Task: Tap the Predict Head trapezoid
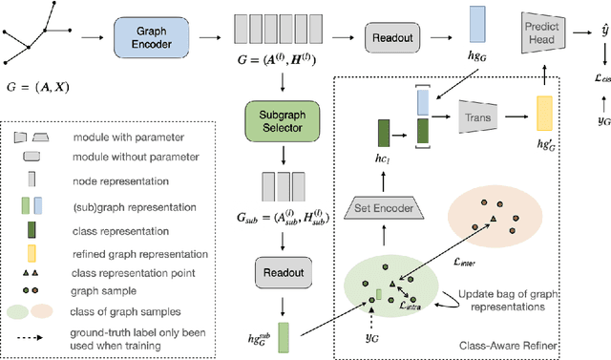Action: click(x=545, y=30)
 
